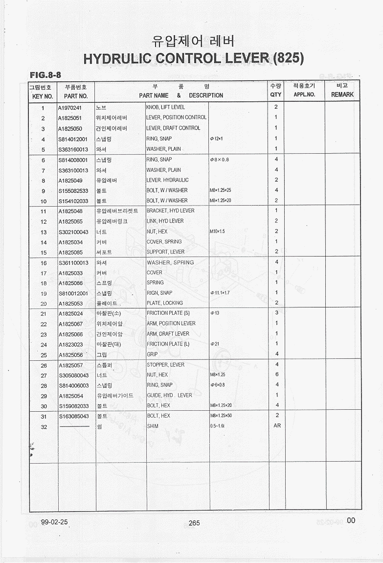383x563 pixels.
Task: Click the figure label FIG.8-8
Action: click(x=45, y=75)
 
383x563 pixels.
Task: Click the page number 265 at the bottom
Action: click(x=194, y=523)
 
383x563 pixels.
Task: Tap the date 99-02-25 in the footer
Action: click(x=54, y=522)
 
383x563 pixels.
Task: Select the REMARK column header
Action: click(x=342, y=94)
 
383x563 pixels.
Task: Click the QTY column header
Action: click(x=276, y=94)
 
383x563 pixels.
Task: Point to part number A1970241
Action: click(x=69, y=108)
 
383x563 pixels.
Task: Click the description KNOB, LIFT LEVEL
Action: click(x=165, y=107)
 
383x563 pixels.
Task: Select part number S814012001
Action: click(x=73, y=139)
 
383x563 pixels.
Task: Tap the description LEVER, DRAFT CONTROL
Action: click(x=173, y=128)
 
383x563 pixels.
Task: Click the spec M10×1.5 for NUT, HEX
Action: click(x=217, y=232)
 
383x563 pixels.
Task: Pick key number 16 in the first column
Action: click(x=44, y=263)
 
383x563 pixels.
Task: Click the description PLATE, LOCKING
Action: click(x=165, y=304)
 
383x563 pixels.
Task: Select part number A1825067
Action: click(x=71, y=324)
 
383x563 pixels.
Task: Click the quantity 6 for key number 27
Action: click(x=276, y=375)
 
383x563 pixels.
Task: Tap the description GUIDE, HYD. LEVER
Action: click(x=169, y=396)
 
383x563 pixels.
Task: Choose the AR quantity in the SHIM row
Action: click(x=277, y=426)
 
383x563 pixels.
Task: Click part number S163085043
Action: click(x=73, y=416)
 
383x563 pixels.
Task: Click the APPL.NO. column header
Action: click(x=304, y=94)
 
